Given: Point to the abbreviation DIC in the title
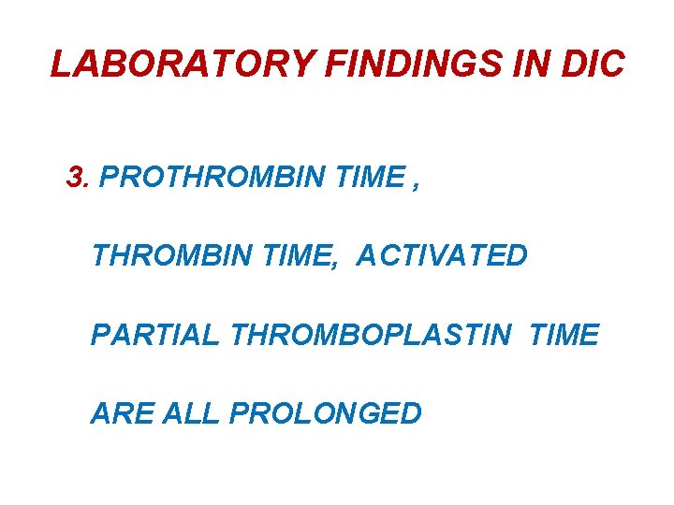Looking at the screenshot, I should [x=595, y=65].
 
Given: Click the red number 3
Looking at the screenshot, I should [x=77, y=177].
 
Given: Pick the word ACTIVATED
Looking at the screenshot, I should [x=442, y=255].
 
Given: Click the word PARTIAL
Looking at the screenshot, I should [x=154, y=335].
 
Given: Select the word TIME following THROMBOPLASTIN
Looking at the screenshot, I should [x=564, y=335].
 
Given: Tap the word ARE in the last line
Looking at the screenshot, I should [x=123, y=413].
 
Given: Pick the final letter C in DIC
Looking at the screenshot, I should [x=611, y=65].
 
